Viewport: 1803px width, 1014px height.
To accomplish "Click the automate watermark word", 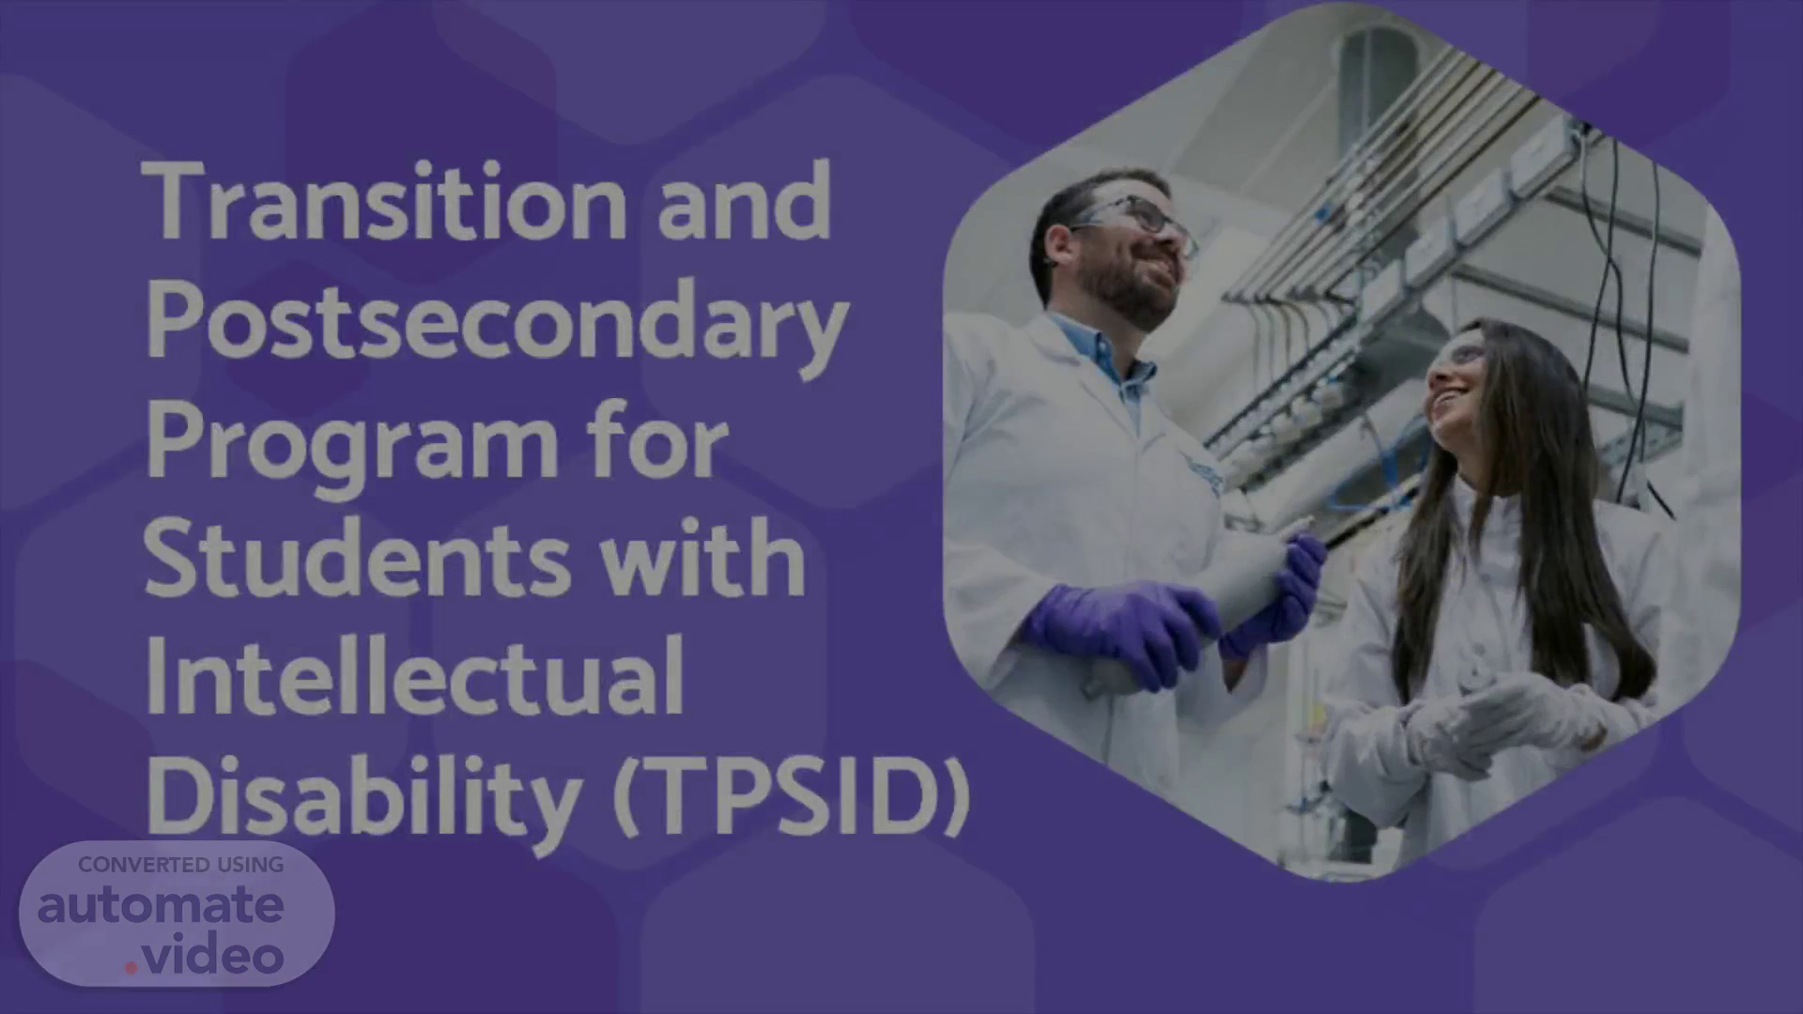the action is [x=161, y=906].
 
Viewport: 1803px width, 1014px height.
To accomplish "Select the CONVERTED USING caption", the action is [x=181, y=865].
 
